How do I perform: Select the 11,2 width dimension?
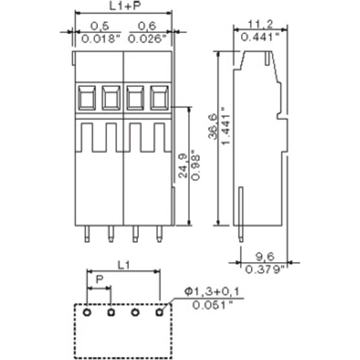click(256, 24)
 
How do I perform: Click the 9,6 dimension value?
click(264, 257)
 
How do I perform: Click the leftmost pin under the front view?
click(87, 235)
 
